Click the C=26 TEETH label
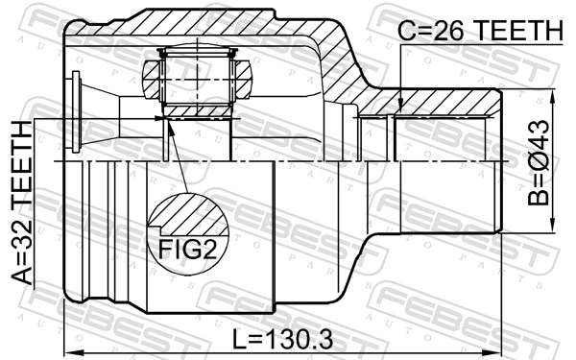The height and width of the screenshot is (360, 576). coord(479,32)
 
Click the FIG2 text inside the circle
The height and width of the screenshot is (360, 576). coord(188,252)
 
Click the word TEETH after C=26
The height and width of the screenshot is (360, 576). coord(515,32)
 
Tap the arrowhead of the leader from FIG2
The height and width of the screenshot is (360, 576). coord(167,120)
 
